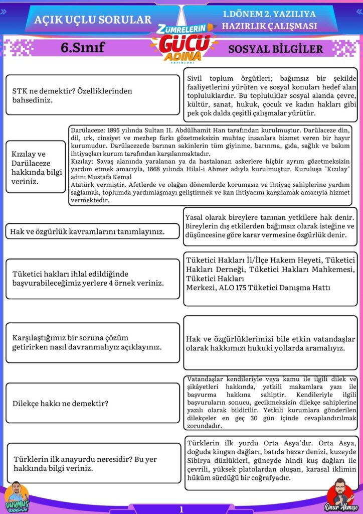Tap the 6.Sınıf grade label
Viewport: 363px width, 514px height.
(x=82, y=48)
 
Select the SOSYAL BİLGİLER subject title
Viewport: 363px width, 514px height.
(x=275, y=49)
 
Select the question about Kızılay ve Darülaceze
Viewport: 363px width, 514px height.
(x=36, y=167)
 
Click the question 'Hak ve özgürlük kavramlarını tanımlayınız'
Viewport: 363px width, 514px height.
(x=88, y=231)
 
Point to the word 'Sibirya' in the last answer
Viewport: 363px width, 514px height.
(x=201, y=461)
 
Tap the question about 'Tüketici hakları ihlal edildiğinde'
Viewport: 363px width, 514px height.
(x=88, y=279)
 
